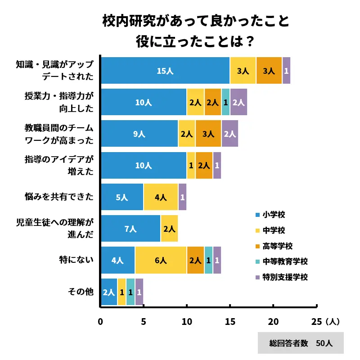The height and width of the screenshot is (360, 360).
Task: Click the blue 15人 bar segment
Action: (165, 71)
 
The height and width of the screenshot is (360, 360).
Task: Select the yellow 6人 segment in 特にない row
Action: (161, 260)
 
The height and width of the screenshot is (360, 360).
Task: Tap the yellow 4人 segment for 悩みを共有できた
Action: (161, 197)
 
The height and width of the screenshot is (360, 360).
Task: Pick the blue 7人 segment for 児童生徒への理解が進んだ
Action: (130, 229)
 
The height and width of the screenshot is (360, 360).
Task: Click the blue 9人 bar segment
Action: (139, 134)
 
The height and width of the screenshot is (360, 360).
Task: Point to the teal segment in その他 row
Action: (130, 292)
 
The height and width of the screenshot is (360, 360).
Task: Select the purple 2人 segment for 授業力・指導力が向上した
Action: (238, 102)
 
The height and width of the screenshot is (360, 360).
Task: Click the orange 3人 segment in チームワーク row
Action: (208, 134)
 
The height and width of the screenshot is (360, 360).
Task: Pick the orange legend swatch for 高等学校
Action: (257, 246)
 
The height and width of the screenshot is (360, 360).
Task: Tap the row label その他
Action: (81, 292)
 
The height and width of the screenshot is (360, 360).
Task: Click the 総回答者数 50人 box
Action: (301, 343)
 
